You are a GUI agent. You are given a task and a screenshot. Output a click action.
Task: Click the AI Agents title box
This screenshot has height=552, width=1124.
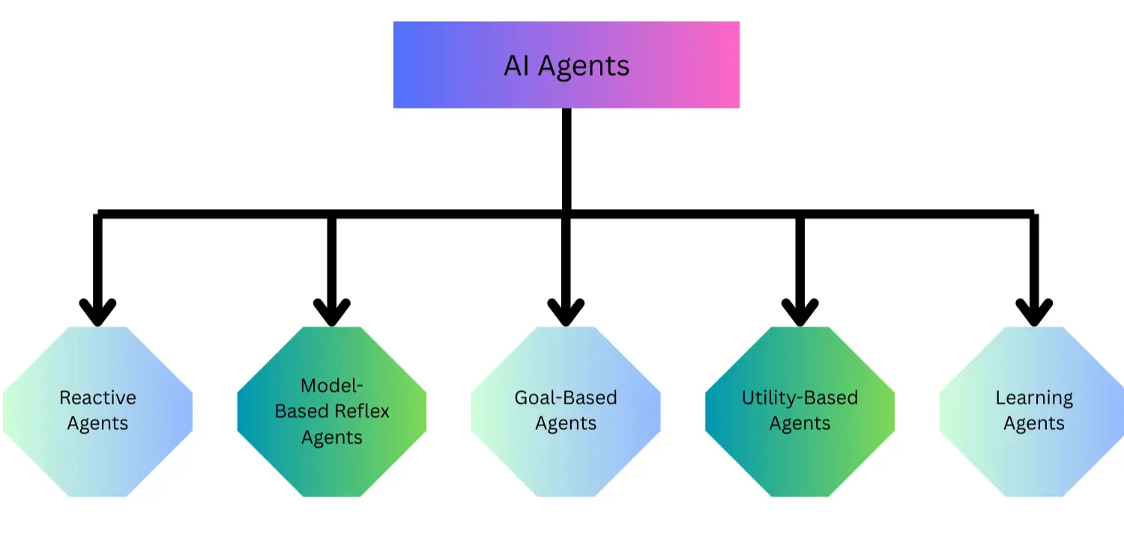566,65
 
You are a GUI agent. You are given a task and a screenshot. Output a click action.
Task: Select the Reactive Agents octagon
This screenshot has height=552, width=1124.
97,411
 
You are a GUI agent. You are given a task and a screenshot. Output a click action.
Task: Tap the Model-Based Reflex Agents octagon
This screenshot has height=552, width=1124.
332,411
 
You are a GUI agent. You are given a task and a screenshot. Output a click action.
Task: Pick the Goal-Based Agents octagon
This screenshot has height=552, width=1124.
566,411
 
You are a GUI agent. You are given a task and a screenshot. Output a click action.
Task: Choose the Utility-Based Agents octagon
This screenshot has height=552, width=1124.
800,411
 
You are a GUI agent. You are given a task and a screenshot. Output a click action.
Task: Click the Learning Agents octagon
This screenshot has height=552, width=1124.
1033,411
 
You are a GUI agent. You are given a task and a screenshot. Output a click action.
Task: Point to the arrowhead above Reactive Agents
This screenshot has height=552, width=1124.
97,312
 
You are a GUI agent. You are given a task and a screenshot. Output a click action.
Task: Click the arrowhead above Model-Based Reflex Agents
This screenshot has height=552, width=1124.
332,312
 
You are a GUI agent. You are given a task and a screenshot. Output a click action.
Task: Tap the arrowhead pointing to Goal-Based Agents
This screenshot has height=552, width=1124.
566,312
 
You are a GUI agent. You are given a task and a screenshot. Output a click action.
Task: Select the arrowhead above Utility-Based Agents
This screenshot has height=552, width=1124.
800,312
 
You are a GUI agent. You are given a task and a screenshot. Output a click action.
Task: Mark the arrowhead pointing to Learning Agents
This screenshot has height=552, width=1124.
1034,312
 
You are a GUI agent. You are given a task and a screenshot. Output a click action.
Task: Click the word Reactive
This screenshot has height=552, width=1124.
97,398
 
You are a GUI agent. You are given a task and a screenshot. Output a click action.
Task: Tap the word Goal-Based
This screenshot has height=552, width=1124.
566,398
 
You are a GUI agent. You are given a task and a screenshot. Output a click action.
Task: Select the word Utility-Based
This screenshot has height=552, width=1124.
800,398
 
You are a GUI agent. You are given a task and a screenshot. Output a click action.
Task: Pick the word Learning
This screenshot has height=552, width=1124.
1034,398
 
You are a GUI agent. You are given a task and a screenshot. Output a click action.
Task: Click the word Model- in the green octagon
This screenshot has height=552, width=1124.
332,386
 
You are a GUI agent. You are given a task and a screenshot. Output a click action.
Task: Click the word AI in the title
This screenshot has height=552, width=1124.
517,66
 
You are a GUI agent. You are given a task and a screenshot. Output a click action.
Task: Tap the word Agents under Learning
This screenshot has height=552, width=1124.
1034,424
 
